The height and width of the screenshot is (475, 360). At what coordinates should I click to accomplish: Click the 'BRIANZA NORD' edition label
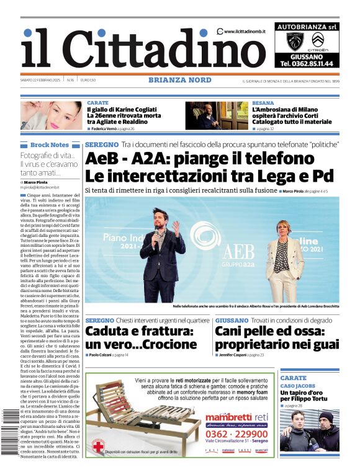pyautogui.click(x=180, y=80)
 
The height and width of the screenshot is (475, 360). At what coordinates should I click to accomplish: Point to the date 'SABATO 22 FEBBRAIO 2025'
pyautogui.click(x=40, y=80)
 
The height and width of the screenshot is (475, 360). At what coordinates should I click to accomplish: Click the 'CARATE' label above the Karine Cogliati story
pyautogui.click(x=97, y=102)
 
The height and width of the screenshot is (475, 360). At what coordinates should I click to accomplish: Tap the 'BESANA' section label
pyautogui.click(x=263, y=102)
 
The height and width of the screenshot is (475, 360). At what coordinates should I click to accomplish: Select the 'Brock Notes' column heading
pyautogui.click(x=50, y=144)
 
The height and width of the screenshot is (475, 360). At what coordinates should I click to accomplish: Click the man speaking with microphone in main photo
pyautogui.click(x=163, y=251)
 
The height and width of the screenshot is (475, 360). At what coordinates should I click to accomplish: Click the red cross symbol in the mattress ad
pyautogui.click(x=98, y=446)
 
